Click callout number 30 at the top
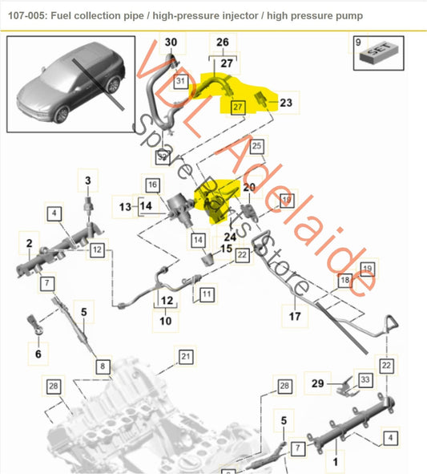click(x=171, y=42)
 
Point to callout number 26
click(x=223, y=42)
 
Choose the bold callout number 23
click(x=287, y=103)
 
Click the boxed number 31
click(x=180, y=81)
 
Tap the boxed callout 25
click(x=256, y=146)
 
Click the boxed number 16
click(x=151, y=184)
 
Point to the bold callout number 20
click(x=248, y=187)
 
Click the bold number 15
click(x=226, y=249)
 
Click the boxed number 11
click(x=207, y=295)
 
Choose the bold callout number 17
click(x=295, y=316)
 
